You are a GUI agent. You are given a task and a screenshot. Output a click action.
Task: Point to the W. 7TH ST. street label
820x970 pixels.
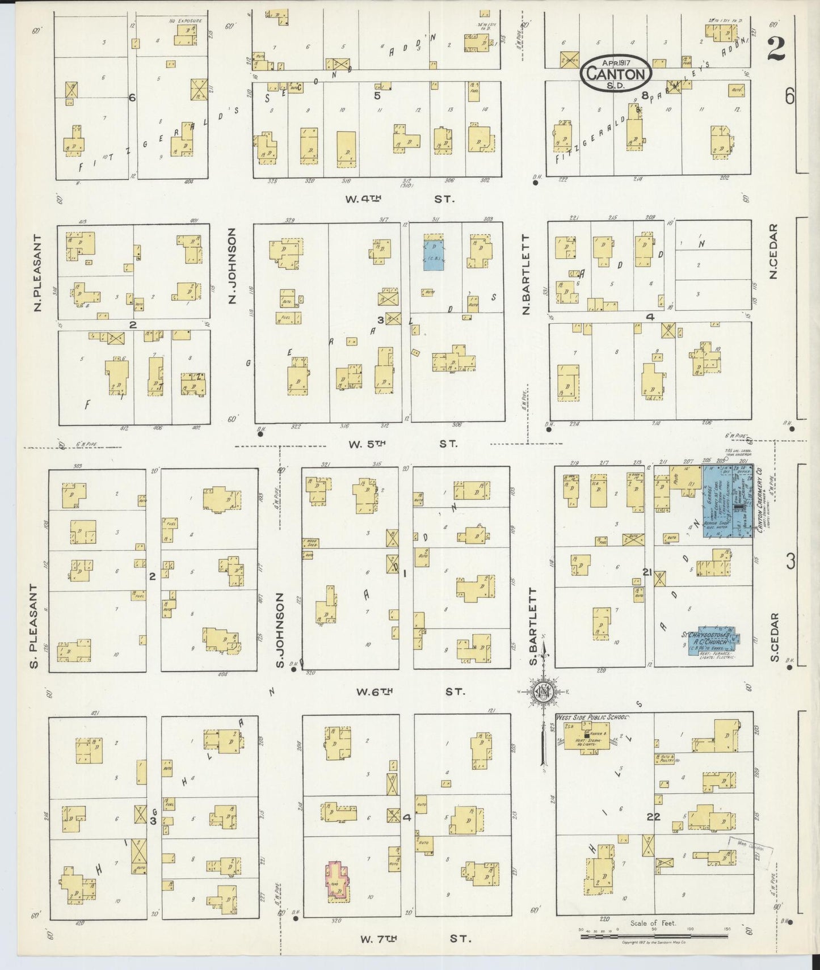tap(415, 939)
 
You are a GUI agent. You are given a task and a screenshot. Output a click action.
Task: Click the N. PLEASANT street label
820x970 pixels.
tap(38, 273)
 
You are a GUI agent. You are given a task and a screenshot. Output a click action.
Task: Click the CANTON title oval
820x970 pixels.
tap(616, 72)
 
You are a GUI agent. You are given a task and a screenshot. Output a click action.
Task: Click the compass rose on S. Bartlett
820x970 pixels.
tap(544, 691)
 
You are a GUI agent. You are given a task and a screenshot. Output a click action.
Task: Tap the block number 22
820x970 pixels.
tap(654, 817)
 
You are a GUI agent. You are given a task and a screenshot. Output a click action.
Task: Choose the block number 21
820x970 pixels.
tap(647, 571)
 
